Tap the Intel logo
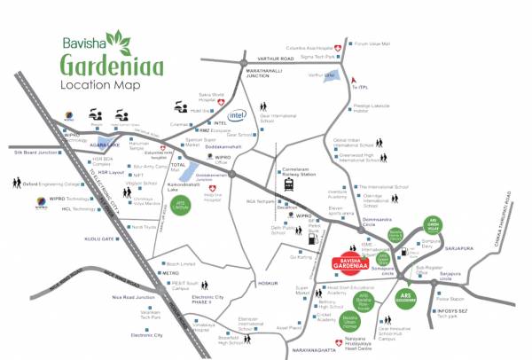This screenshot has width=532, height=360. point(237,115)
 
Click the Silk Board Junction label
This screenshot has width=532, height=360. point(37,153)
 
